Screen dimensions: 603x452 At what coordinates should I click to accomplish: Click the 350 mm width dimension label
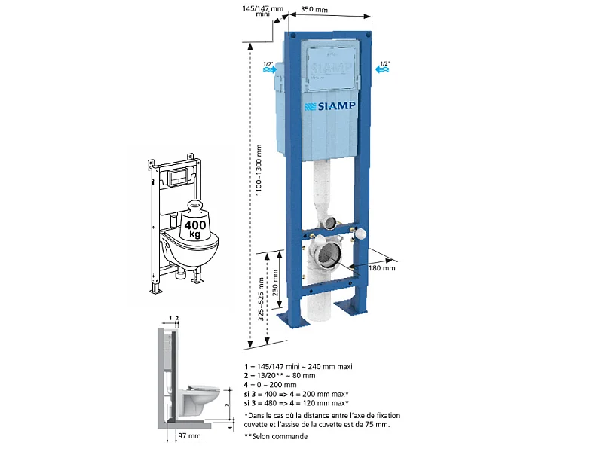pos(314,9)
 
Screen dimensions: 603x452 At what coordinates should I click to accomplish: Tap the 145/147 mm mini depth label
pos(262,11)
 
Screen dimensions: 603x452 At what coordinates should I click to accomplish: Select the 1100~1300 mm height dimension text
pos(259,170)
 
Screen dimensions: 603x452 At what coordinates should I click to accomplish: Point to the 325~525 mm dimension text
pos(261,299)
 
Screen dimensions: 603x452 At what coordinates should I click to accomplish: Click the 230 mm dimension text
pos(275,283)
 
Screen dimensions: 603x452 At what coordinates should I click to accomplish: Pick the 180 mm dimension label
pos(381,268)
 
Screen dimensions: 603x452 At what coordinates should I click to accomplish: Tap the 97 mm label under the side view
pos(189,436)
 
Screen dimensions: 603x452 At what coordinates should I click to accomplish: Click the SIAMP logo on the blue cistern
pos(330,106)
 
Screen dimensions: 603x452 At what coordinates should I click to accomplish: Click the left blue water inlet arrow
pos(270,69)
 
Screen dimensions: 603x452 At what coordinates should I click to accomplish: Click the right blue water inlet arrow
pos(382,69)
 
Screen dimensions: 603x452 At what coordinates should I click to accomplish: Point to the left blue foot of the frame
pos(293,319)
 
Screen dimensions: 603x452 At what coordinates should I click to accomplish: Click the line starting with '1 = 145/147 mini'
pos(298,367)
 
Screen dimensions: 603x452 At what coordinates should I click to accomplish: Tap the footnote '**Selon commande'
pos(276,436)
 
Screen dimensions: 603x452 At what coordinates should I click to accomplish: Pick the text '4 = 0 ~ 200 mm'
pos(271,385)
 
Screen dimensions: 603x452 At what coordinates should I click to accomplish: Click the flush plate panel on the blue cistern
pos(331,68)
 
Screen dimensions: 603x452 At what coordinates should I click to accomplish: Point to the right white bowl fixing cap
pos(360,234)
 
